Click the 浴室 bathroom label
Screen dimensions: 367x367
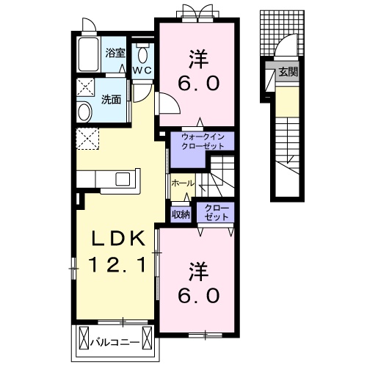(x=115, y=53)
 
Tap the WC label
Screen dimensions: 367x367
(x=142, y=70)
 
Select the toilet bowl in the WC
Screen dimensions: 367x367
(x=142, y=55)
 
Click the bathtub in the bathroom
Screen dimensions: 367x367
(x=89, y=54)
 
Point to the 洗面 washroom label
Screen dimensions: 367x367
(x=112, y=99)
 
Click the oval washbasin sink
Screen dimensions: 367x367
(x=84, y=112)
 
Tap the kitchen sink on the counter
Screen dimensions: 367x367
(x=123, y=178)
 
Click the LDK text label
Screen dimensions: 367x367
(x=118, y=239)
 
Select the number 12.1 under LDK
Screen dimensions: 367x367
(x=117, y=265)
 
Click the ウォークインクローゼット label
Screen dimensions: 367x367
(x=203, y=142)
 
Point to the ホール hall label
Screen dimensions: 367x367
(x=183, y=183)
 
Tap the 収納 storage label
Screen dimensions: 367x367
(x=181, y=214)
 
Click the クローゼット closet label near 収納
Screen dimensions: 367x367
(x=217, y=212)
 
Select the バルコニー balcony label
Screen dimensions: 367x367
(x=115, y=342)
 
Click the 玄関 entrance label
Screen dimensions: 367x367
(x=288, y=72)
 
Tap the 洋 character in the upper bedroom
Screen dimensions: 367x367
(x=198, y=59)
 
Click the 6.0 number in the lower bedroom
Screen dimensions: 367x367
(x=198, y=295)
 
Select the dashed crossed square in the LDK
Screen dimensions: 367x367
(x=87, y=139)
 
